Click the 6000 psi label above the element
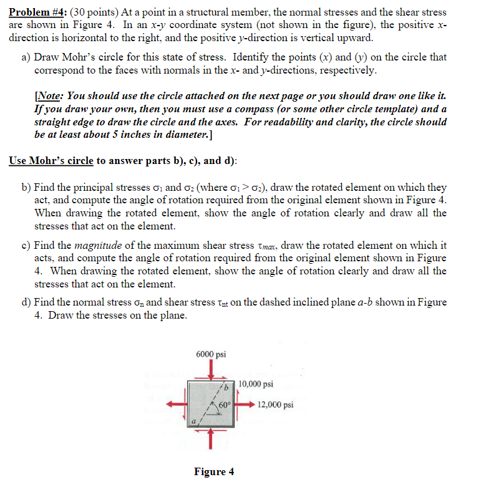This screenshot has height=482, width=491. (x=211, y=354)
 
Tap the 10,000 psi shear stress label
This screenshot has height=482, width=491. (x=255, y=384)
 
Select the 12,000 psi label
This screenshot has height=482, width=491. (x=275, y=404)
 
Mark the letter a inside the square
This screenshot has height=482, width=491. (x=193, y=422)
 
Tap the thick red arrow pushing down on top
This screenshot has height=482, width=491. (x=212, y=370)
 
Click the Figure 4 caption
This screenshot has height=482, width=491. (x=214, y=471)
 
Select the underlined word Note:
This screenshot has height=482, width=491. (x=50, y=97)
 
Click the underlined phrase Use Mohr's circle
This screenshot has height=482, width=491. (x=51, y=160)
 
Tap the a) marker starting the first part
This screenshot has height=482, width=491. (x=26, y=57)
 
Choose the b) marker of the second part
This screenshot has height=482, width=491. (x=26, y=187)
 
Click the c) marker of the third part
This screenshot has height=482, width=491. (x=26, y=246)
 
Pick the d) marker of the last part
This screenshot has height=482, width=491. (x=26, y=302)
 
